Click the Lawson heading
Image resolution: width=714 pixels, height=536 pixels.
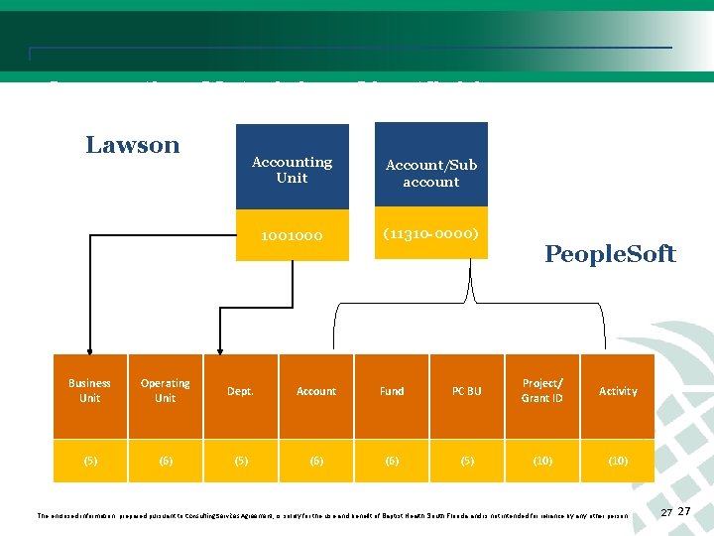[133, 145]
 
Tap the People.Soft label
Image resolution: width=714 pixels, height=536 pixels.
[610, 254]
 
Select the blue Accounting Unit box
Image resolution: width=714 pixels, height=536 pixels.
[292, 170]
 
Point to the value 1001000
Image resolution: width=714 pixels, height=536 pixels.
[292, 236]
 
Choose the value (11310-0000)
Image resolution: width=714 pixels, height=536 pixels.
[430, 234]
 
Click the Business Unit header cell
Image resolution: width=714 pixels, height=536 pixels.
[90, 390]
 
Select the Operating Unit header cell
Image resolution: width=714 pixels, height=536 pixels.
[166, 390]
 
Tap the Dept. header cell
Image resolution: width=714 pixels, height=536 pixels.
[240, 391]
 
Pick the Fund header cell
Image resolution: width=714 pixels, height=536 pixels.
[392, 391]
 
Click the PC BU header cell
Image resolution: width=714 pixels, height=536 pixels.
[466, 391]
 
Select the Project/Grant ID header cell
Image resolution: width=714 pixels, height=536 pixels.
[542, 390]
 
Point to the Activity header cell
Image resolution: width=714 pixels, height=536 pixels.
[618, 391]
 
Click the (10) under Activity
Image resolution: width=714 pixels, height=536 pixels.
[618, 461]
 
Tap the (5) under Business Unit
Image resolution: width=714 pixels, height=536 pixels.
[90, 461]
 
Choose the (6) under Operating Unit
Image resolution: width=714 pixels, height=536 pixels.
[166, 461]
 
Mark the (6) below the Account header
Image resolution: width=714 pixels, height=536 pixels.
[316, 461]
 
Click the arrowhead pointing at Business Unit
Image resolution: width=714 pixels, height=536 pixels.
[90, 348]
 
